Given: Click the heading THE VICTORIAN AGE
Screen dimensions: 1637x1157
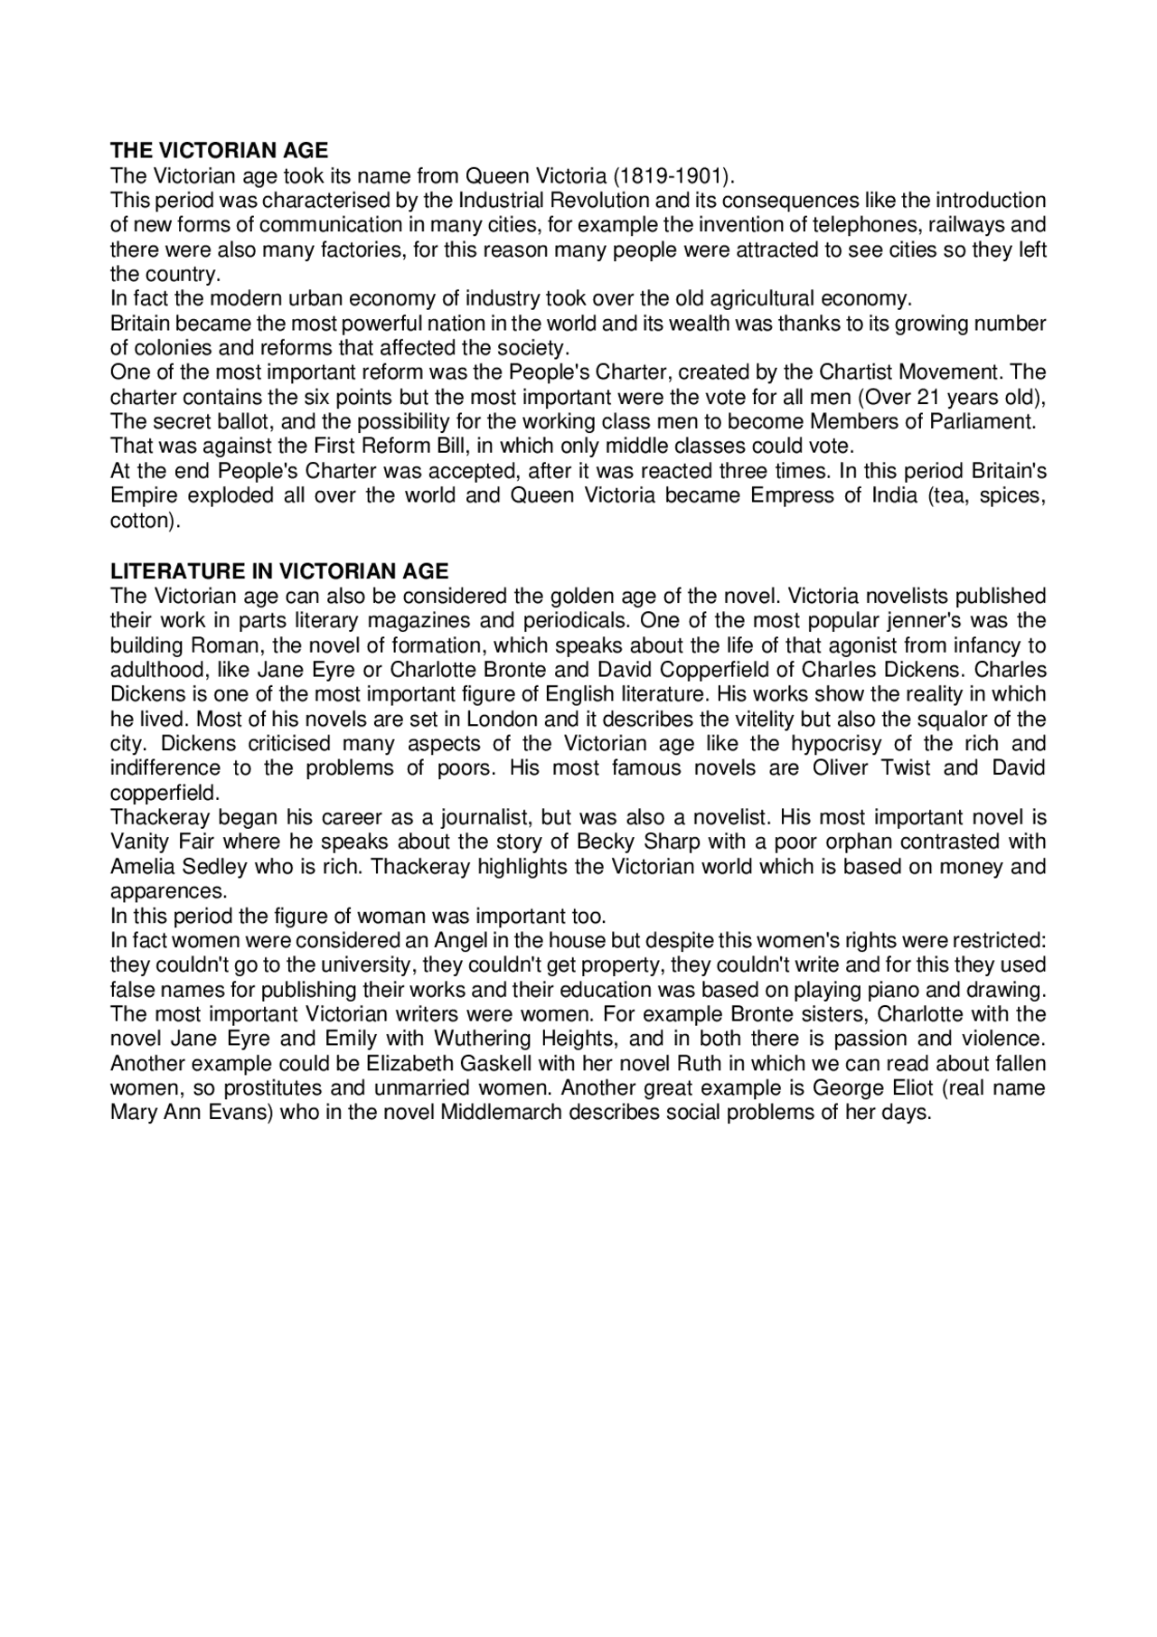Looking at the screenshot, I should [x=219, y=151].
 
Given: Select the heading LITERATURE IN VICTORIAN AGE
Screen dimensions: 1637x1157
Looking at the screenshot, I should [x=279, y=571].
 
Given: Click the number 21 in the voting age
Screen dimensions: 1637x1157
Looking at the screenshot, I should [x=929, y=398].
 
